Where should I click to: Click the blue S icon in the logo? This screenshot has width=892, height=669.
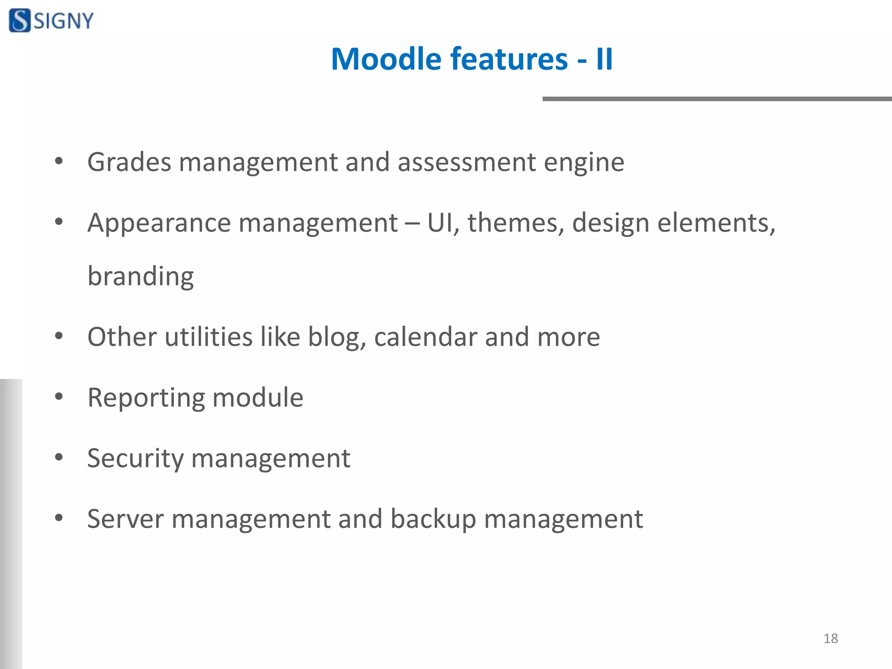coord(20,20)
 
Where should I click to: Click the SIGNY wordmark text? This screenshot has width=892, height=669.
coord(64,21)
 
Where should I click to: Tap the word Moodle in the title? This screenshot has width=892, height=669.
coord(386,59)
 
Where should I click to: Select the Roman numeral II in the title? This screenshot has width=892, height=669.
coord(604,59)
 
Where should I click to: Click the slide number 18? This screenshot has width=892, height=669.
coord(831,639)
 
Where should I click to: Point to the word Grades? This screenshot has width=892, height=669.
coord(129,162)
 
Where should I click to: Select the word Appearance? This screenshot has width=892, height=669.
coord(159,223)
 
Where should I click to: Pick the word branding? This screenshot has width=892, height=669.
coord(141,277)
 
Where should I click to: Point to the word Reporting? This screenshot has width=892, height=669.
coord(146,398)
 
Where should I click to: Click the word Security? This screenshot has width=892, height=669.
coord(135,459)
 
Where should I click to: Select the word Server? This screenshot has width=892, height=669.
coord(125,519)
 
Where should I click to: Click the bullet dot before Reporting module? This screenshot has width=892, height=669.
coord(59,397)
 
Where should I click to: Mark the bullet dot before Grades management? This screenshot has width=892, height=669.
coord(59,162)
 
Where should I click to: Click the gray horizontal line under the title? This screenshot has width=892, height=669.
coord(716,99)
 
